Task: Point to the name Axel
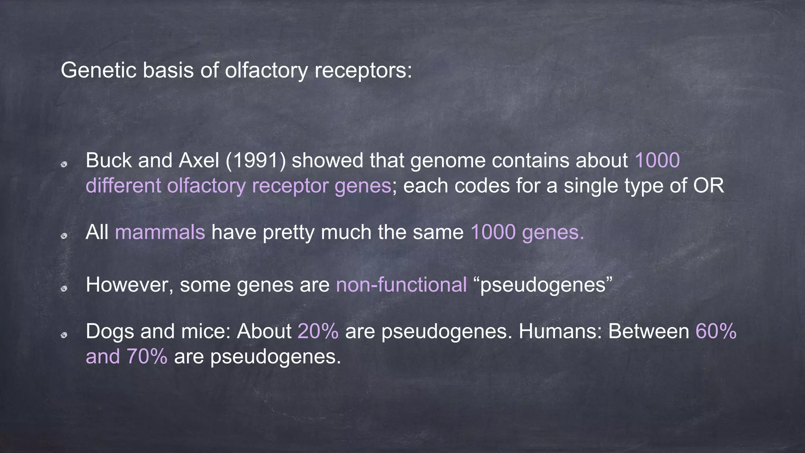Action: pos(199,161)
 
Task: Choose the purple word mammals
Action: pos(160,232)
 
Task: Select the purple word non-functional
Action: pos(401,285)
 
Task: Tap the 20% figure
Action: pos(318,331)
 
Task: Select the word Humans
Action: pos(560,331)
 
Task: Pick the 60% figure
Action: pos(716,331)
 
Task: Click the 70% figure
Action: pos(147,357)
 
